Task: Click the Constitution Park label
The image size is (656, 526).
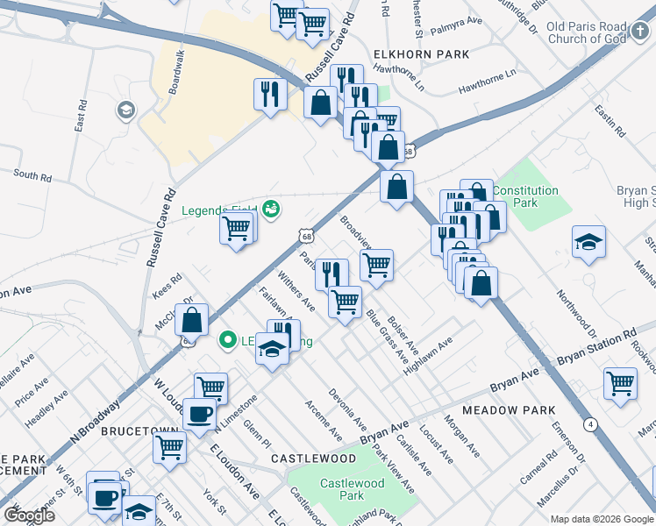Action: [525, 195]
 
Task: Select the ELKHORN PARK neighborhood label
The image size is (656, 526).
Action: [421, 54]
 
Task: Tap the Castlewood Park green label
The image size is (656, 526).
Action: [341, 489]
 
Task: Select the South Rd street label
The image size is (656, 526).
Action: [32, 176]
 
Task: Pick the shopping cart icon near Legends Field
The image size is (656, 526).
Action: [235, 228]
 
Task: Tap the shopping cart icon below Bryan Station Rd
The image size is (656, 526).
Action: [620, 382]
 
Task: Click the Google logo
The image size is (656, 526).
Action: [29, 515]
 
